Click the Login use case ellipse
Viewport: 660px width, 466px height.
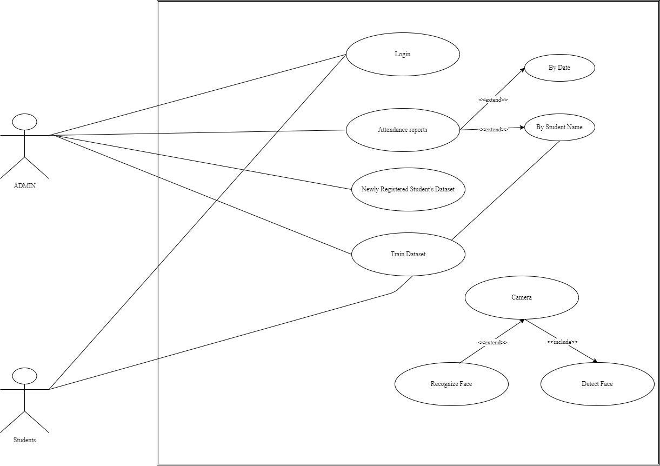pos(403,54)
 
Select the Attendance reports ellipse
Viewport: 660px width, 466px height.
pos(403,130)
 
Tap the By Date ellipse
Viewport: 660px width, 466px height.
pos(559,68)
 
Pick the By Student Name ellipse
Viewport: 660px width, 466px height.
pos(559,128)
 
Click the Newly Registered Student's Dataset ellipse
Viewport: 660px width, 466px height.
pos(408,189)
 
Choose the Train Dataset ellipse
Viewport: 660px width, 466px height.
pos(408,254)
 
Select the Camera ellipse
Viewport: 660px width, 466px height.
pos(522,297)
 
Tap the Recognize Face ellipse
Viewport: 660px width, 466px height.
pos(451,384)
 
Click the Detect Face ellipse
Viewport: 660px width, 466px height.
pos(597,384)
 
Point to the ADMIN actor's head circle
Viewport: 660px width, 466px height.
pos(24,122)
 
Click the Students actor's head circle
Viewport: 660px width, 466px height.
pos(24,376)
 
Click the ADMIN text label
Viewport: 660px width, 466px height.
pos(24,187)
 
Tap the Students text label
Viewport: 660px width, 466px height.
pos(24,440)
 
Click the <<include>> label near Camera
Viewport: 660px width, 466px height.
pos(562,342)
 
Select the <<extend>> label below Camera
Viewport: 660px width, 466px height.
pos(492,342)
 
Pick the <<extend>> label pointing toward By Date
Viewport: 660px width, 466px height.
pos(493,100)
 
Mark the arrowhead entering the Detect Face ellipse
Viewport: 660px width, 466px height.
pos(595,361)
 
